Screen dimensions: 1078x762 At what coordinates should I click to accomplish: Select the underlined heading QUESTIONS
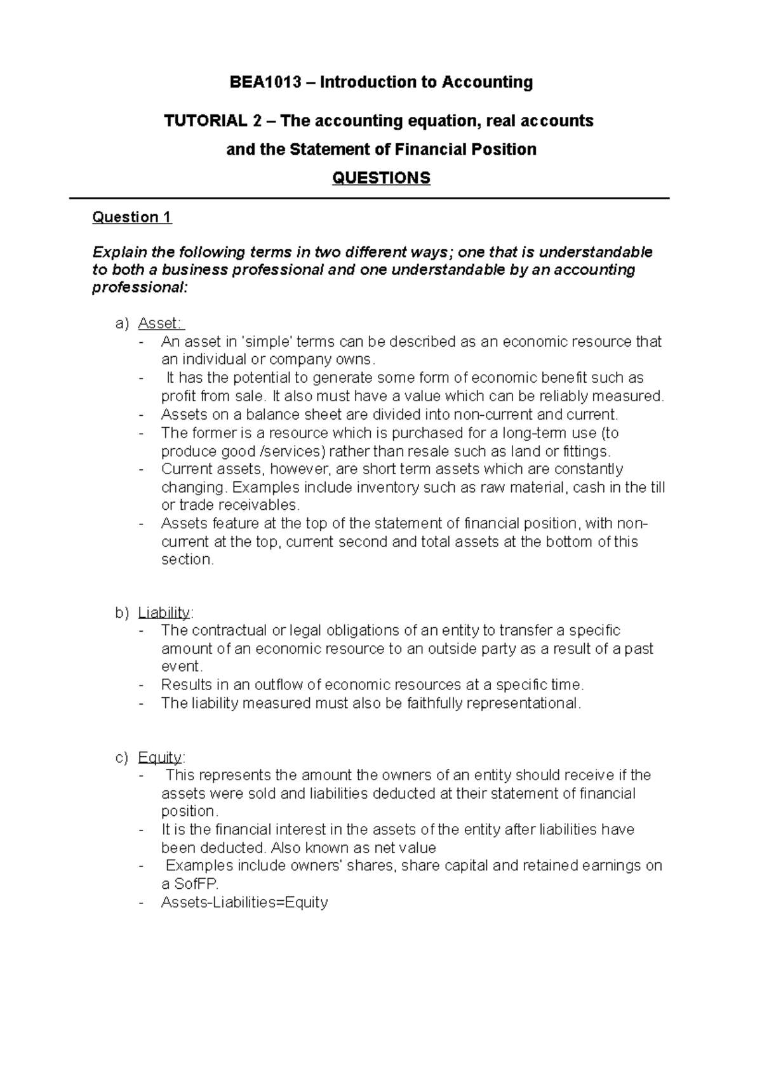(381, 178)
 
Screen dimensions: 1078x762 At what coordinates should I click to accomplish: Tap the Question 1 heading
(131, 218)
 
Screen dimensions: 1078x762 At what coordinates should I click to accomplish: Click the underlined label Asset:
(161, 324)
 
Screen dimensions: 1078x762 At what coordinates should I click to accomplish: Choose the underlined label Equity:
(161, 757)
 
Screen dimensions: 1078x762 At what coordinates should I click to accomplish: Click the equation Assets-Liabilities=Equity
(244, 903)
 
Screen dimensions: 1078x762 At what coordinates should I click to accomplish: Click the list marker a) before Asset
(122, 324)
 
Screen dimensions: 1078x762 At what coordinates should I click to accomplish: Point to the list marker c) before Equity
(122, 757)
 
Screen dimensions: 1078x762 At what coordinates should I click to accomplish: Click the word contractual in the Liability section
(229, 630)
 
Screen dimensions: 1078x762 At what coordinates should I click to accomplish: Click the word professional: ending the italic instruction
(140, 288)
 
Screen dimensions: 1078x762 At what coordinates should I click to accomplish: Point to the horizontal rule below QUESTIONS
(370, 199)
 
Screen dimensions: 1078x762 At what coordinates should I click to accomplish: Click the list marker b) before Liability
(122, 613)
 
